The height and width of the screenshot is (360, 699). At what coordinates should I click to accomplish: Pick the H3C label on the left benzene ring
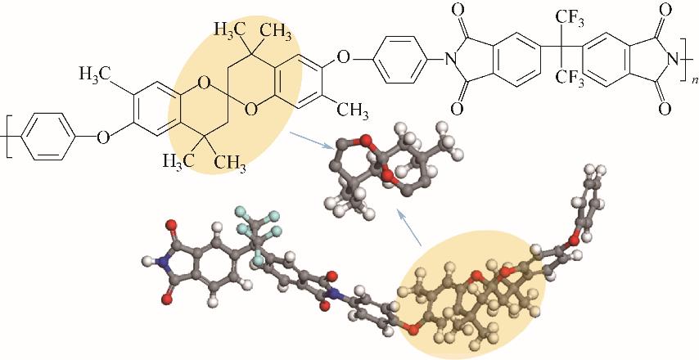[x=96, y=75]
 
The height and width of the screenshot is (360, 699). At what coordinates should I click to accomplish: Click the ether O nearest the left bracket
[x=102, y=137]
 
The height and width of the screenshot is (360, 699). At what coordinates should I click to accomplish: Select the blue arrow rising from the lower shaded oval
[x=409, y=228]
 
